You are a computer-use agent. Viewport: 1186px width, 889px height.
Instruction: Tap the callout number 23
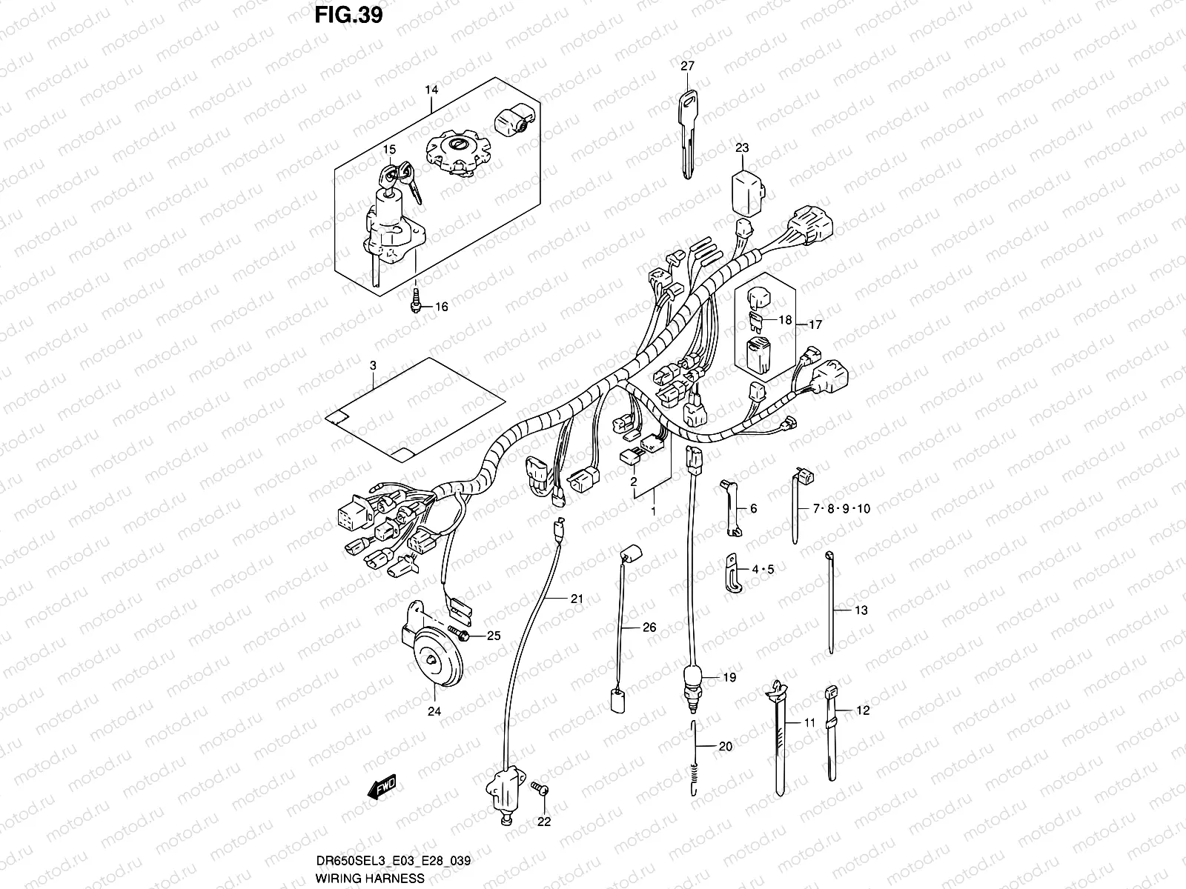[x=742, y=148]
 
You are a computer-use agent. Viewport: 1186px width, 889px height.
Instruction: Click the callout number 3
[x=373, y=365]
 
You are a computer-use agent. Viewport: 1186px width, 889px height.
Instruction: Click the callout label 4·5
[x=763, y=570]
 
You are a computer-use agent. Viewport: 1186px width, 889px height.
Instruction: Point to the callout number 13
[x=861, y=610]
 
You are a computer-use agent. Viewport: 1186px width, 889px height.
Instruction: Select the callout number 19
[x=729, y=677]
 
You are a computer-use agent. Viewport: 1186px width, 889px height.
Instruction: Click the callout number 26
[x=649, y=627]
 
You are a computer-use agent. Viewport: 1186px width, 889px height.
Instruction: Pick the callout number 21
[x=577, y=599]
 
